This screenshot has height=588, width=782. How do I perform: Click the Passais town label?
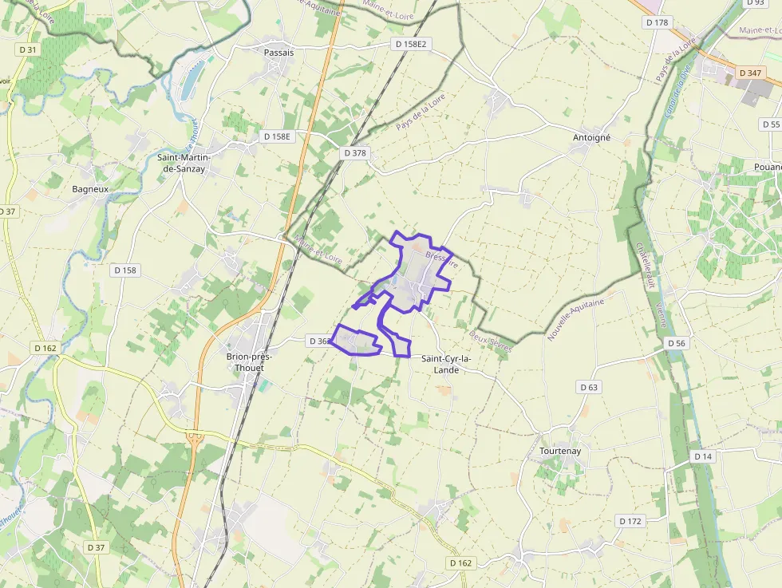[x=278, y=53]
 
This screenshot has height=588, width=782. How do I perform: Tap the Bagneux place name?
[x=90, y=189]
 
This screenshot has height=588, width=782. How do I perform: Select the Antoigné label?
[x=591, y=137]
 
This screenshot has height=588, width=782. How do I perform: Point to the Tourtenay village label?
[x=559, y=451]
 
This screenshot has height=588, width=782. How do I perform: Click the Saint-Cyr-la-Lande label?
[x=446, y=364]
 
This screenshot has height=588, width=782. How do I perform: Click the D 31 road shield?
[x=28, y=49]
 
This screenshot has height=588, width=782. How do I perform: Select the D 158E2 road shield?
[x=412, y=45]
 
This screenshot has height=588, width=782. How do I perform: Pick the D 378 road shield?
[x=356, y=152]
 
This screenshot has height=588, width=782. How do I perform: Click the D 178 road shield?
[x=658, y=22]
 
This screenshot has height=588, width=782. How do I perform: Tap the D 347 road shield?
[x=750, y=73]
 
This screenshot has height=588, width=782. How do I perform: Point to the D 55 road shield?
[x=770, y=124]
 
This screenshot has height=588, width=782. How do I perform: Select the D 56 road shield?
[x=676, y=343]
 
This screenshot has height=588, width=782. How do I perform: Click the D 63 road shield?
[x=589, y=387]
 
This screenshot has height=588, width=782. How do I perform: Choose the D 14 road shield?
[x=702, y=456]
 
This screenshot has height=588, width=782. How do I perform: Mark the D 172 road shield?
[x=630, y=521]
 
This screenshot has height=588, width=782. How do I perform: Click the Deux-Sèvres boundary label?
[x=490, y=341]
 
